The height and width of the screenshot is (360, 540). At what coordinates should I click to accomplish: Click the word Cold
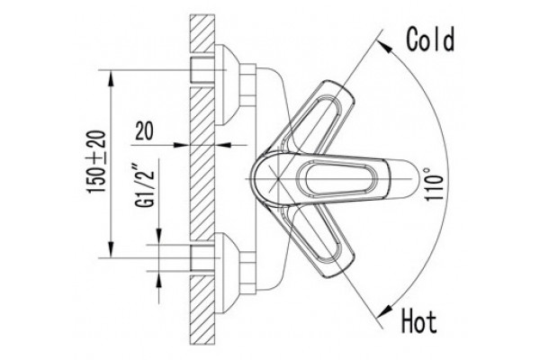[x=430, y=40]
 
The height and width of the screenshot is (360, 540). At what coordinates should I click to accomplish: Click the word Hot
[x=419, y=321]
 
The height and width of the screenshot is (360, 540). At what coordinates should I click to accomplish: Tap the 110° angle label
[x=433, y=184]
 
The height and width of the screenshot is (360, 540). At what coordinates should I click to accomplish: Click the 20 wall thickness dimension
[x=144, y=130]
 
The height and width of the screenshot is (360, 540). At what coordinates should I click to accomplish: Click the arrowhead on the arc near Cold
[x=386, y=47]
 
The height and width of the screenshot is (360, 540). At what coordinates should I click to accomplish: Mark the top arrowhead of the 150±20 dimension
[x=111, y=78]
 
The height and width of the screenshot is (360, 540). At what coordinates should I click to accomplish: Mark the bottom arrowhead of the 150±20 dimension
[x=111, y=249]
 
